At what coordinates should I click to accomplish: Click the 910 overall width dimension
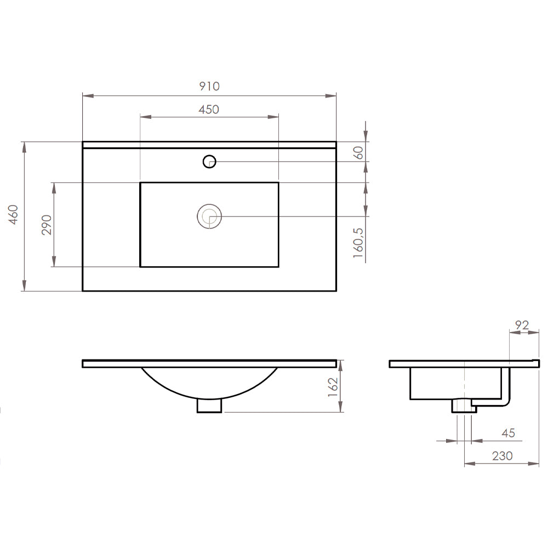tap(209, 86)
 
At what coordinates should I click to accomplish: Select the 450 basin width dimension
tap(209, 110)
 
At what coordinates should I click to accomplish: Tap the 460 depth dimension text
tap(14, 215)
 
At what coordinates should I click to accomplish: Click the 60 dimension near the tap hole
tap(359, 152)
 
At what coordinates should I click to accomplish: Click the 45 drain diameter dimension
tap(508, 433)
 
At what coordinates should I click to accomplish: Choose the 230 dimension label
tap(502, 456)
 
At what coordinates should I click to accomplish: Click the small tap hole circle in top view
tap(209, 161)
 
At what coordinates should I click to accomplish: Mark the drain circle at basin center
tap(209, 216)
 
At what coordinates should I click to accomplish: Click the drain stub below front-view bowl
tap(209, 406)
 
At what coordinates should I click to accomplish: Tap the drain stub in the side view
tap(461, 406)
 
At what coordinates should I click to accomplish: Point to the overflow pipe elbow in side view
tap(506, 401)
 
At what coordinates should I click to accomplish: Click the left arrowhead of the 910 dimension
tap(85, 96)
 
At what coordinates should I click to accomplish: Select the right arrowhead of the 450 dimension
tap(276, 117)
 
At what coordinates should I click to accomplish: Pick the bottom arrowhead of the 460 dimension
tap(24, 287)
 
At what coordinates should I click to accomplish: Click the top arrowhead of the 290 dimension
tap(54, 186)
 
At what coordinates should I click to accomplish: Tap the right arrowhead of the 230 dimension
tap(536, 464)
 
